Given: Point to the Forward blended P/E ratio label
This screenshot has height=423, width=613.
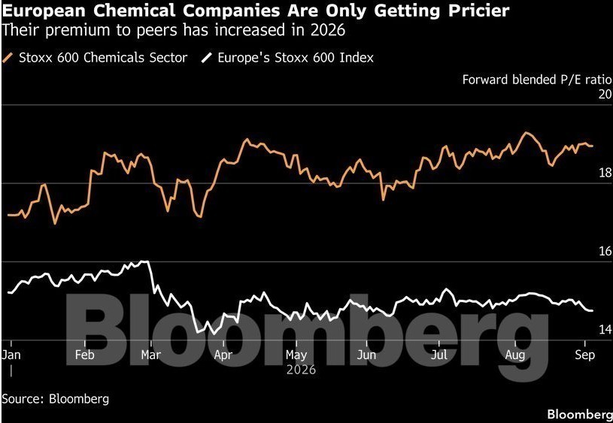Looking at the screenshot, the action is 537,80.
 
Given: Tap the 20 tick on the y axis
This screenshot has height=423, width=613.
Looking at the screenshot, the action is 605,94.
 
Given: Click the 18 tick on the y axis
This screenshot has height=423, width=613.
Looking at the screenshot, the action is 605,173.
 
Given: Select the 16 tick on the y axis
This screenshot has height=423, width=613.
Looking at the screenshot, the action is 605,251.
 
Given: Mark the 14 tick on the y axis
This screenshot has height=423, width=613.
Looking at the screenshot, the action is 605,330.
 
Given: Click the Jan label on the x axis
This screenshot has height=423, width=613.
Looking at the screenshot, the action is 11,355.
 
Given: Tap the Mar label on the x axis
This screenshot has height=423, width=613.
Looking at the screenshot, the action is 151,355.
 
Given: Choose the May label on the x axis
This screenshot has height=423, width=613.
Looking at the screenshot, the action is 296,355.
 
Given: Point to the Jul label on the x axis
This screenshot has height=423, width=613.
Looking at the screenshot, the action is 439,355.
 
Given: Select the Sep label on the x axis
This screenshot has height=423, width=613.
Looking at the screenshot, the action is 585,355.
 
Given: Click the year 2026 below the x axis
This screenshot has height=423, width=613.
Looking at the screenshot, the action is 301,370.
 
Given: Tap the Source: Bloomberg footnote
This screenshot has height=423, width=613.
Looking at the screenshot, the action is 56,399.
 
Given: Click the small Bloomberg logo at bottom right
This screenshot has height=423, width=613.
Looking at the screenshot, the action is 580,415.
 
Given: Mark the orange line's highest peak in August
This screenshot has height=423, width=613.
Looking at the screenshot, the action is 527,133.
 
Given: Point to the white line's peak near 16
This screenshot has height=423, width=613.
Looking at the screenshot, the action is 145,261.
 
